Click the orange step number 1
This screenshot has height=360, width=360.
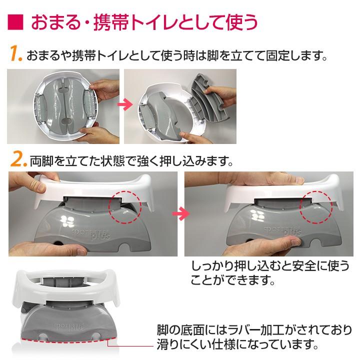(x=15, y=53)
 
